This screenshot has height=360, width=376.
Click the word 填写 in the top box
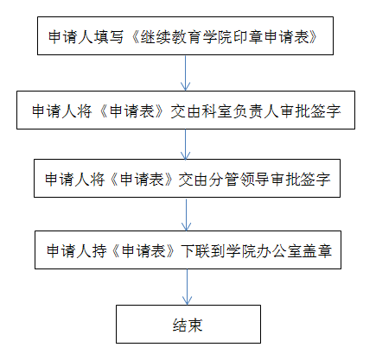point(109,37)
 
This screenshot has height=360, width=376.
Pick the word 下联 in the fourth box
point(195,250)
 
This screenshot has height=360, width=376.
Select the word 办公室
point(271,250)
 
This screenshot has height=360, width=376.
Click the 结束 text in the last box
point(188,325)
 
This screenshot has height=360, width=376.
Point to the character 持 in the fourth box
point(99,250)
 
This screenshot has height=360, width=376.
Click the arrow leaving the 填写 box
point(185,73)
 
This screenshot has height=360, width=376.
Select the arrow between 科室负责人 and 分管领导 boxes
point(185,144)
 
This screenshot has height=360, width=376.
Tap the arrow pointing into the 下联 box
point(187,215)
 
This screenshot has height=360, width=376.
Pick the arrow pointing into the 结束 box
point(187,287)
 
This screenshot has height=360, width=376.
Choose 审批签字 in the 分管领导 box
point(301,180)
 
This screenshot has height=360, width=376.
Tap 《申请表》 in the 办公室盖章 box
point(143,250)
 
